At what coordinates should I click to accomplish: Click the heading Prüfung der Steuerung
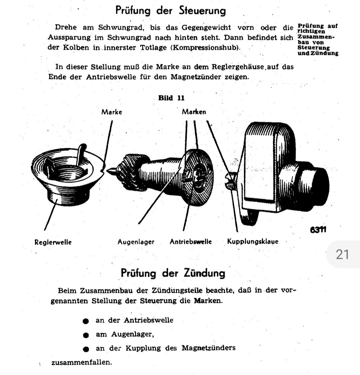(170, 11)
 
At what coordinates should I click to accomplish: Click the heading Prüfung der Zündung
(173, 273)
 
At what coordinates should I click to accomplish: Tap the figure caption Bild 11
(171, 98)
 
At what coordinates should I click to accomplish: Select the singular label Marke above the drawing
(112, 112)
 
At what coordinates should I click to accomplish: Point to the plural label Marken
(194, 112)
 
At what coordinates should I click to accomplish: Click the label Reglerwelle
(53, 242)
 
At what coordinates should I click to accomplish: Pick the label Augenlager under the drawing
(136, 242)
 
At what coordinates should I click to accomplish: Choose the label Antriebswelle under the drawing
(191, 242)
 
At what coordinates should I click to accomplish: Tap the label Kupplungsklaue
(253, 241)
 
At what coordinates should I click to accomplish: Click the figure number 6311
(318, 230)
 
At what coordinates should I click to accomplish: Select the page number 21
(342, 254)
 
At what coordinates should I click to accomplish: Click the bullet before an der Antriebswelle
(86, 321)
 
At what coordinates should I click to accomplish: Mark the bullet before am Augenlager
(86, 335)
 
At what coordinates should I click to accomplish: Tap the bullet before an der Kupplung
(86, 349)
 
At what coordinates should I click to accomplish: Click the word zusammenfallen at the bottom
(81, 362)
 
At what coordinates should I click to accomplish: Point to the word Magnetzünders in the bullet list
(208, 348)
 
